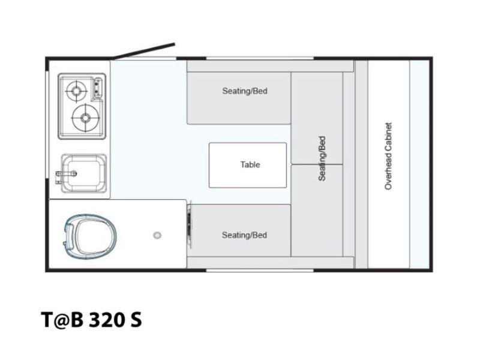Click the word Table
click(250, 164)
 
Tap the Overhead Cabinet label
click(388, 156)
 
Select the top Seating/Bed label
click(245, 91)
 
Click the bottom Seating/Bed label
click(244, 235)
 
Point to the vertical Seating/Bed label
click(322, 158)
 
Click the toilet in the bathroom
click(91, 236)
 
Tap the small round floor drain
click(157, 235)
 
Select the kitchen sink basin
click(84, 173)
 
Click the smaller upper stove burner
click(76, 91)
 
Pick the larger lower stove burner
click(85, 118)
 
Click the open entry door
click(143, 51)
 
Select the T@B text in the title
click(62, 320)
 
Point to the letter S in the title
click(137, 320)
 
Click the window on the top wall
click(260, 58)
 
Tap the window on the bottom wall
click(260, 271)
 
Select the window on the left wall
click(47, 124)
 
